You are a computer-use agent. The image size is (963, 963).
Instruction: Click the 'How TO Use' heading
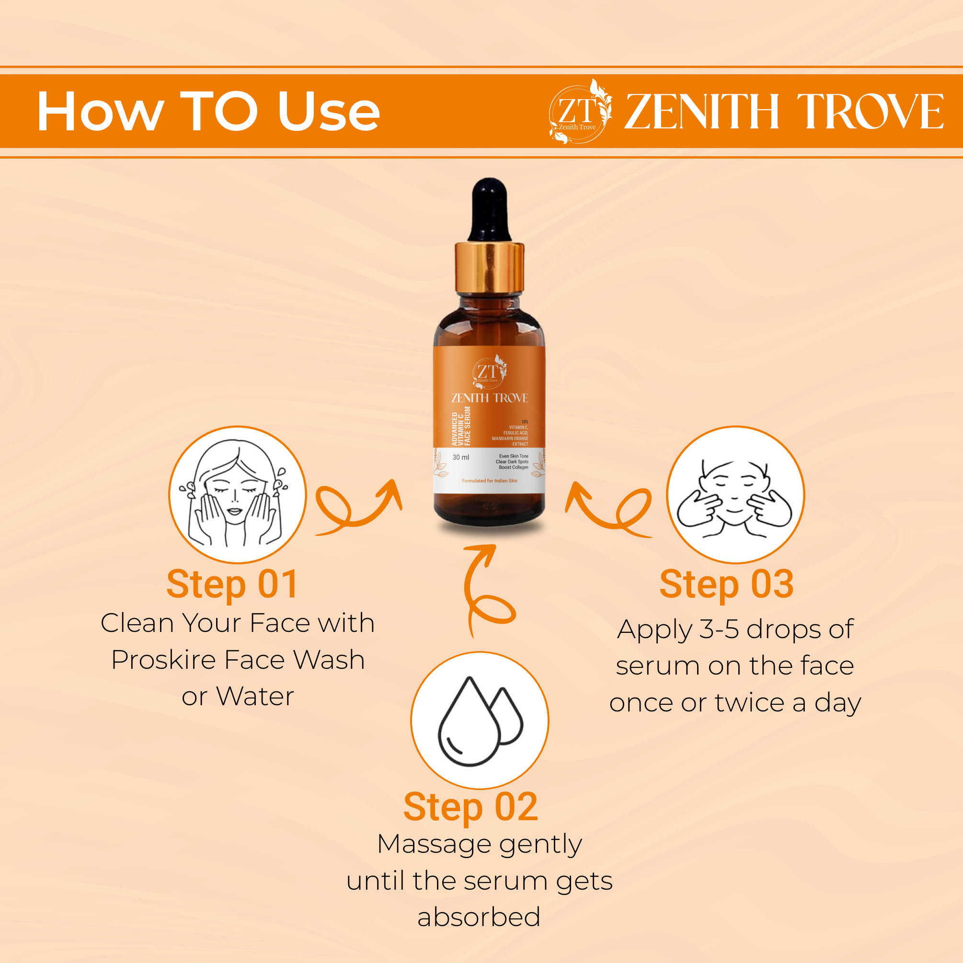coord(208,111)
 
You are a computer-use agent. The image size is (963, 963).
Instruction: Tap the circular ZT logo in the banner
coord(580,112)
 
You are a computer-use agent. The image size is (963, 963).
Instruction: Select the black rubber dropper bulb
coord(489,210)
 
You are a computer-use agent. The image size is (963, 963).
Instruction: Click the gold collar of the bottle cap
coord(489,268)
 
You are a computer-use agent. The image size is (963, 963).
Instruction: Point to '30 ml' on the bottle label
coord(460,457)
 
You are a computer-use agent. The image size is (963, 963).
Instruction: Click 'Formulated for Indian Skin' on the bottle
coord(490,481)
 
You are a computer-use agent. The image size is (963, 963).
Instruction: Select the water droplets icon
coord(480,720)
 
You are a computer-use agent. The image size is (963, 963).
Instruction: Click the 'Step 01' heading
coord(232,585)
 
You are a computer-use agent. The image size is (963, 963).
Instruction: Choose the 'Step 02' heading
coord(470,807)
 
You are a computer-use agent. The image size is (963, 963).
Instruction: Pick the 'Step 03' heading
coord(726,585)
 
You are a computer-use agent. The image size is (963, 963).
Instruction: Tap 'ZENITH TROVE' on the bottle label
coord(490,398)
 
